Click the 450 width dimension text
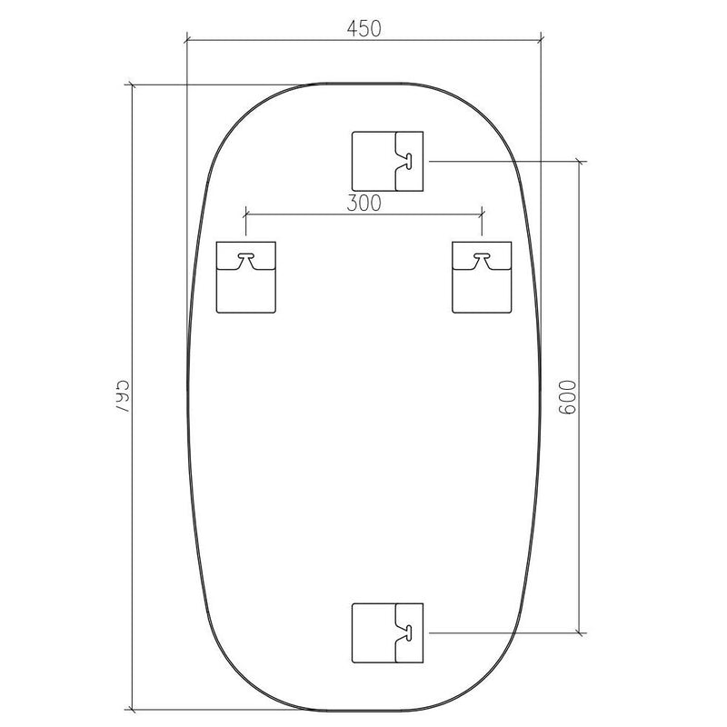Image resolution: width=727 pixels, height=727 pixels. coord(363,28)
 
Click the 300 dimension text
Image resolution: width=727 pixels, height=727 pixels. coord(363,204)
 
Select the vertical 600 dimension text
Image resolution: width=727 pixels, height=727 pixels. coord(567,397)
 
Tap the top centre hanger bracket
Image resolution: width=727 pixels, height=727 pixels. coord(388,161)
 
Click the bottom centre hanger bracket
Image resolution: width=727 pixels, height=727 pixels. coord(388,632)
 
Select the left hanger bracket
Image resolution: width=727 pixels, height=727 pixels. coord(245,277)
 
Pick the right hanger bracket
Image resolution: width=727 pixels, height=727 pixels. coord(483,277)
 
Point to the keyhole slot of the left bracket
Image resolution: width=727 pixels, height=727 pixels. coord(245,259)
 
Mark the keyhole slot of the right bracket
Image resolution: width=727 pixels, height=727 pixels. coord(483,259)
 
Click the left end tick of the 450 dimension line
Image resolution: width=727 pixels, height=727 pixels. coord(186,39)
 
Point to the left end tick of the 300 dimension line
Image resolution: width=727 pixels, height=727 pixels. coord(245,214)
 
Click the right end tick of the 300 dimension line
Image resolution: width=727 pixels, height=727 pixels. coord(483,214)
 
